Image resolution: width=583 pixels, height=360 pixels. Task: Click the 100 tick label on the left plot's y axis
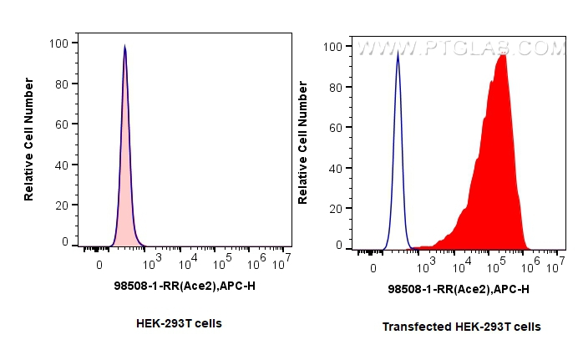(60, 43)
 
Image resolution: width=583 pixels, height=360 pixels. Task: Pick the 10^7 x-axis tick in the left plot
(282, 261)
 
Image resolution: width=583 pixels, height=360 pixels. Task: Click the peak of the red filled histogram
(502, 56)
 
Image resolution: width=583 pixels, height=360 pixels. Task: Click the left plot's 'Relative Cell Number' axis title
(29, 139)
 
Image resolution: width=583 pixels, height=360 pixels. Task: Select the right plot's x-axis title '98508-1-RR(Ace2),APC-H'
(459, 289)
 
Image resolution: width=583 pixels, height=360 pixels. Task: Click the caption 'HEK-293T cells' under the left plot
(179, 322)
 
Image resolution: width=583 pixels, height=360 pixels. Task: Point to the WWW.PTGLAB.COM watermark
(459, 49)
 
